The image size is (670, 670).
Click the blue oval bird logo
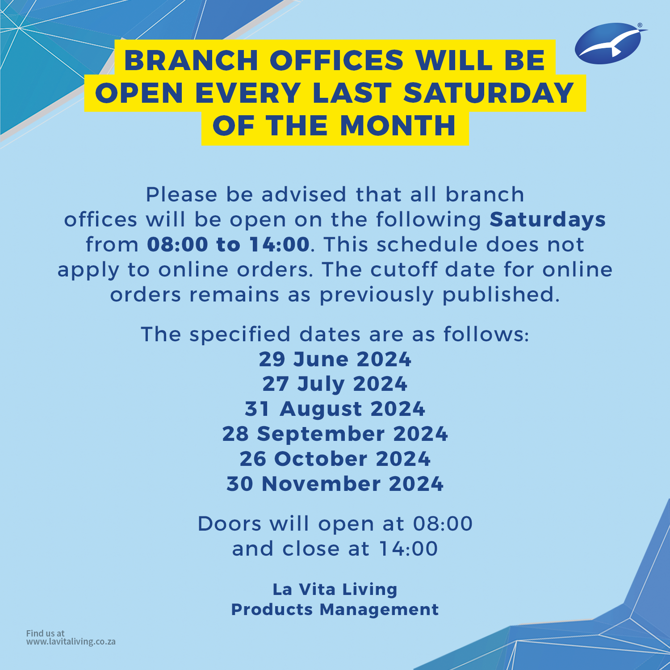[x=608, y=44]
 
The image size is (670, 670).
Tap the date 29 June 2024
[x=335, y=360]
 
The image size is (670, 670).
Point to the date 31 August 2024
[x=335, y=409]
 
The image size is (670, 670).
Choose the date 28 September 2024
[x=335, y=434]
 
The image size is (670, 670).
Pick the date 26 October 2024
[x=335, y=459]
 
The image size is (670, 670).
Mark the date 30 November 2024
[x=335, y=484]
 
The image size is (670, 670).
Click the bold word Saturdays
[x=548, y=220]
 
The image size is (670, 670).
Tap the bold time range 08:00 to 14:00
[x=228, y=245]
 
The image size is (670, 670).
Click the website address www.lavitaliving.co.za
[x=71, y=642]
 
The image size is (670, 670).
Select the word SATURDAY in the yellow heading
[x=489, y=93]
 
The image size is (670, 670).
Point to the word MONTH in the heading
[x=398, y=126]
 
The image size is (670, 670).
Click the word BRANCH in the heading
[x=191, y=60]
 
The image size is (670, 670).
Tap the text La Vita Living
[x=335, y=590]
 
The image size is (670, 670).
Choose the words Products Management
[x=335, y=610]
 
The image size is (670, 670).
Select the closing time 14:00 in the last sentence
[x=408, y=549]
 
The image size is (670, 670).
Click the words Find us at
[x=45, y=633]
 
